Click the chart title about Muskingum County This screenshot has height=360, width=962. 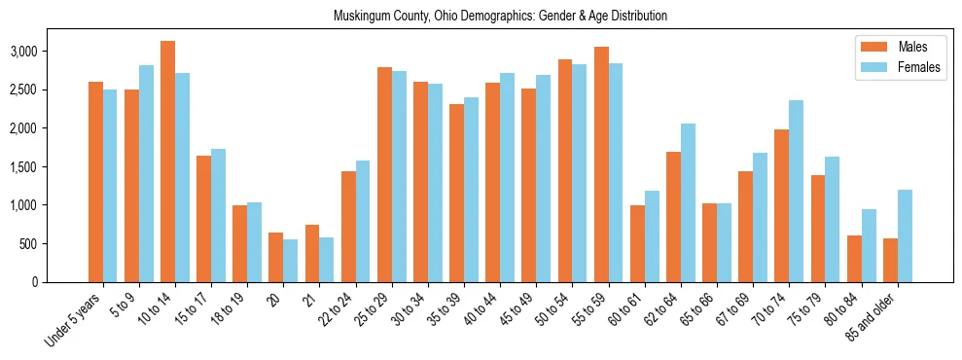tap(500, 17)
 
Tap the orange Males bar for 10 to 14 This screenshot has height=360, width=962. tap(168, 162)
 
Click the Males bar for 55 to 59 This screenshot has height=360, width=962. tap(601, 164)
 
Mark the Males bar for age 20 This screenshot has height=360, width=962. tap(276, 257)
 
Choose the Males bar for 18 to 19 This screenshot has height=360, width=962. tap(240, 243)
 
